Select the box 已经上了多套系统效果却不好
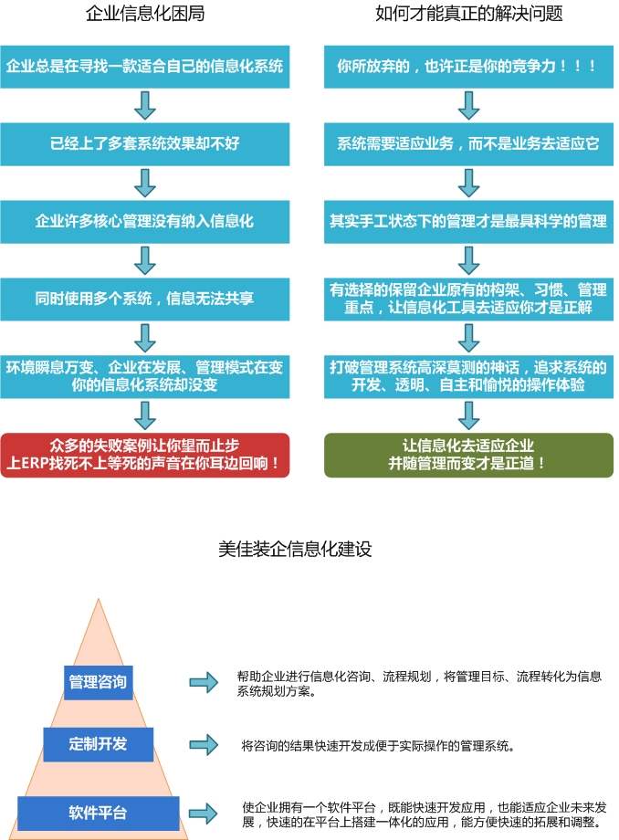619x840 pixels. click(144, 143)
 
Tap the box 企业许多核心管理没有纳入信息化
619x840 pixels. click(144, 221)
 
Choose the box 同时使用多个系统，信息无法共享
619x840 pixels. click(144, 299)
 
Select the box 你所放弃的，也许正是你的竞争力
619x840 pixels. click(468, 66)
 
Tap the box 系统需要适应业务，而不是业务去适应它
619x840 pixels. click(468, 143)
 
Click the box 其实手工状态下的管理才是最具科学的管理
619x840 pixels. click(468, 221)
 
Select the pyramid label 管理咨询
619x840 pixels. click(98, 681)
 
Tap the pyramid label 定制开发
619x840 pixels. click(98, 743)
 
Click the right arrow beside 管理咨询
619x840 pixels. click(204, 682)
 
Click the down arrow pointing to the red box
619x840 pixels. click(144, 416)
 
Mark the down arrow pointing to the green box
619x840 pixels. click(468, 416)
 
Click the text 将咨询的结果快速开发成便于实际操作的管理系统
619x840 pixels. click(379, 745)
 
